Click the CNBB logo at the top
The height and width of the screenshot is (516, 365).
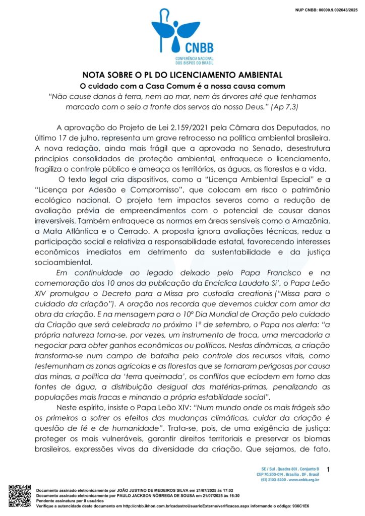[x=182, y=37]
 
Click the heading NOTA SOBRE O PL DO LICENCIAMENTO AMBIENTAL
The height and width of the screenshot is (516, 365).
[x=182, y=76]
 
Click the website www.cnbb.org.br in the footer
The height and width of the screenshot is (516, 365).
[x=303, y=480]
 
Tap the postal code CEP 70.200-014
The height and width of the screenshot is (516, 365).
[x=274, y=474]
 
